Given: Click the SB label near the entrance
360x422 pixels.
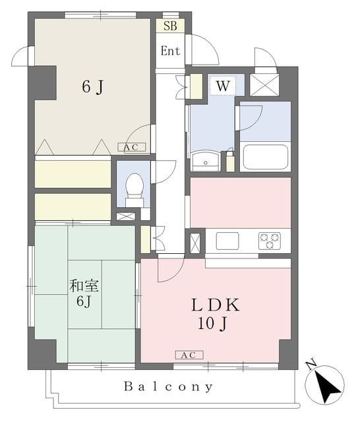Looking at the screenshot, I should coord(170,26).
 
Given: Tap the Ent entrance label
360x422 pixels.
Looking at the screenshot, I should coord(170,50).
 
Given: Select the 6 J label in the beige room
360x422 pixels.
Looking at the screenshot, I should coord(92,88).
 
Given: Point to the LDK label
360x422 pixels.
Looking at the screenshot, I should coord(215,305).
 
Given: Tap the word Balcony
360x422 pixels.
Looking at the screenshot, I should coord(168,386).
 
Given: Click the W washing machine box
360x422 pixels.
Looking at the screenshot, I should coord(222,86).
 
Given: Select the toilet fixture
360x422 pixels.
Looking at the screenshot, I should coord(135,189).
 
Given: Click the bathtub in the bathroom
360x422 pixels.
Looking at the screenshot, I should coord(266,157).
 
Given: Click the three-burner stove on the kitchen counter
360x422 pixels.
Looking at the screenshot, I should coord(269,241).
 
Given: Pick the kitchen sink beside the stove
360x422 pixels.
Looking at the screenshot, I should coord(227,241).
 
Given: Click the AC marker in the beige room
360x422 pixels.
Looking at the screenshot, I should coord(131,147).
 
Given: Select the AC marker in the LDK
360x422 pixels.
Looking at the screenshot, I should coord(185,355).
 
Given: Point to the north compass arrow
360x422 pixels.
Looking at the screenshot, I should coord(326,384).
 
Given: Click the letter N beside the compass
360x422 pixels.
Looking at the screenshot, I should coord(310,363).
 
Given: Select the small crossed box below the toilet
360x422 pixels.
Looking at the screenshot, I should coord(126,216).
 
